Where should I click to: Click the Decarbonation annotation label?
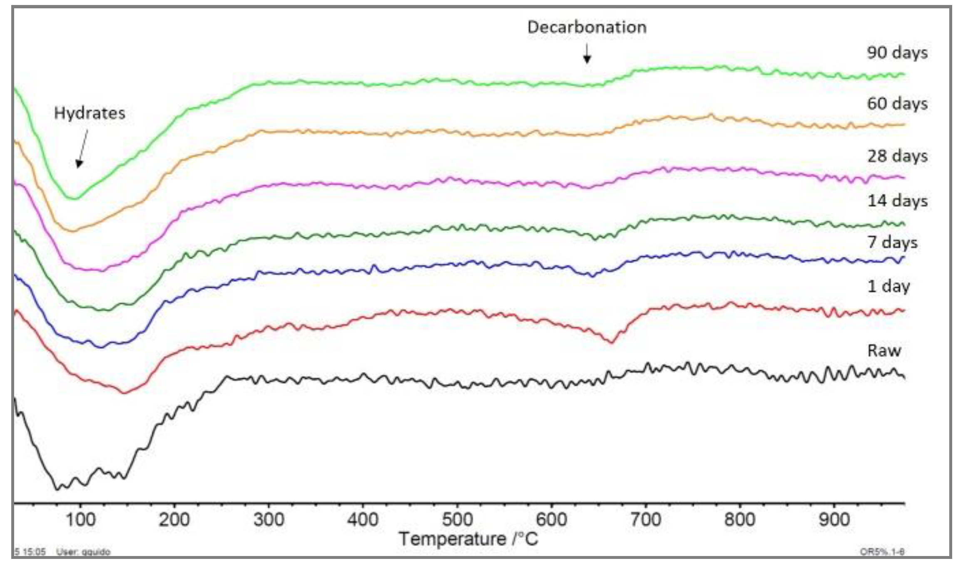[587, 27]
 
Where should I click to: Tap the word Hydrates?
[90, 113]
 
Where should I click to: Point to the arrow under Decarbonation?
[587, 54]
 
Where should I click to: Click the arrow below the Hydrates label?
[82, 148]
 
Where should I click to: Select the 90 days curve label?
[897, 53]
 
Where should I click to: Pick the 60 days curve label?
[897, 104]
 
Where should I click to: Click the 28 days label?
[897, 156]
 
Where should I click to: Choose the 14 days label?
[897, 201]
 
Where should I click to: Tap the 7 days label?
[892, 242]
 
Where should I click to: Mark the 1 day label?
[888, 286]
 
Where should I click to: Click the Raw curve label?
[884, 350]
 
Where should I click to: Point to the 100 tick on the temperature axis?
[80, 519]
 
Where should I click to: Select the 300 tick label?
[269, 519]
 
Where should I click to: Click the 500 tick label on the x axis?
[457, 519]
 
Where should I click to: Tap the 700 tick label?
[645, 519]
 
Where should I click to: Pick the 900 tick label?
[834, 519]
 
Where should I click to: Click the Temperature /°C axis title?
[468, 539]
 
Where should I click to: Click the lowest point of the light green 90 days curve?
[74, 198]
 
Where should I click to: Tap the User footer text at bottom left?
[83, 552]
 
